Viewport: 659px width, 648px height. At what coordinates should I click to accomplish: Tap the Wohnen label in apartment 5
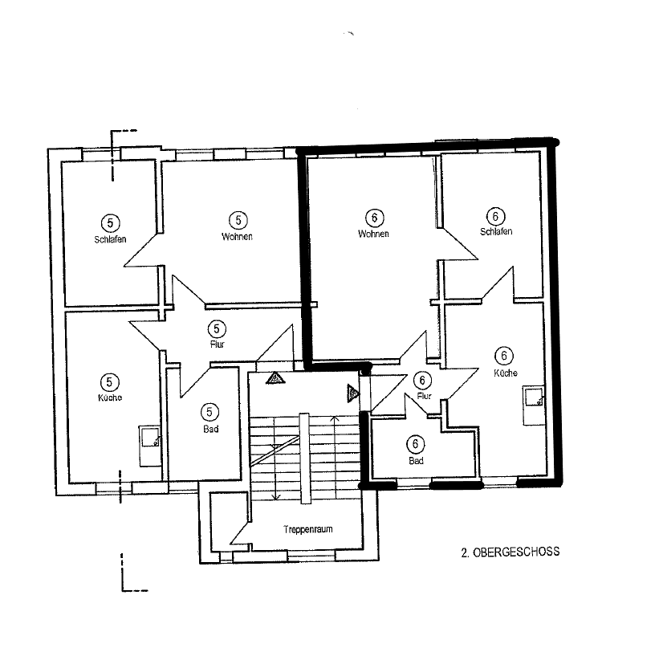coord(238,236)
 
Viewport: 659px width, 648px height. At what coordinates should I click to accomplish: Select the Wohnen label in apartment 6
coord(374,234)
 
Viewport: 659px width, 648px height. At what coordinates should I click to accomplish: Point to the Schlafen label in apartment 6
coord(496,231)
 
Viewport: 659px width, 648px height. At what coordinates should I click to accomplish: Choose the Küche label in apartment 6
coord(506,373)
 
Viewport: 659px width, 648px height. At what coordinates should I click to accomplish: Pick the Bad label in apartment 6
coord(416,461)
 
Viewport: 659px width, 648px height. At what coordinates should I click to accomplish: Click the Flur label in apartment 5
coord(217,344)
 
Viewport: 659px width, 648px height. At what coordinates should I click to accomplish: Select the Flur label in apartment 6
coord(425,395)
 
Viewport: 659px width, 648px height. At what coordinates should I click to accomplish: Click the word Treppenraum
coord(303,530)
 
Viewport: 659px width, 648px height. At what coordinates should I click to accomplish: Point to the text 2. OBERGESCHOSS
coord(510,552)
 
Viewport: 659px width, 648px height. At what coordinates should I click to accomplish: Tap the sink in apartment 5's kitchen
coord(149,438)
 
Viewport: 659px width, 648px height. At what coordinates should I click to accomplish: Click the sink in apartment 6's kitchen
coord(535,397)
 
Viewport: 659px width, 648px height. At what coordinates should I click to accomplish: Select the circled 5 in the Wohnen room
coord(238,219)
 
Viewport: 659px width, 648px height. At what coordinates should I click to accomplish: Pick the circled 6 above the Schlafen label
coord(496,215)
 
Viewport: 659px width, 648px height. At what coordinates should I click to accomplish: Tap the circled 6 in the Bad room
coord(416,444)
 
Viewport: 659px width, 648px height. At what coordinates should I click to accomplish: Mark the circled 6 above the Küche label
coord(505,356)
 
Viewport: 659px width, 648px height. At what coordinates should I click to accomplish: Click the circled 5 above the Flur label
coord(217,328)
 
